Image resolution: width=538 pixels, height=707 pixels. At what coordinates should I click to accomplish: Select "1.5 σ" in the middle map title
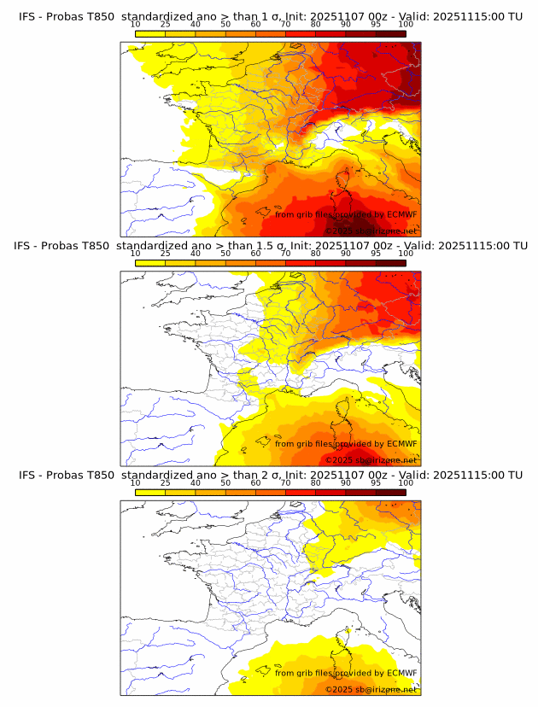point(271,245)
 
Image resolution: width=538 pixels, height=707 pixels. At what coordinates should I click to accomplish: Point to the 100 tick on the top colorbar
point(406,25)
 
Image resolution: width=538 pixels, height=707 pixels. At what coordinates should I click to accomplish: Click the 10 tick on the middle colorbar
point(135,254)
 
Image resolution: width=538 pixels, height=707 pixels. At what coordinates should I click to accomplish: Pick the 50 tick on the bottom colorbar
point(225,483)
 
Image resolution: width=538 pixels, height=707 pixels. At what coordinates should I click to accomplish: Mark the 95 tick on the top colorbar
point(376,25)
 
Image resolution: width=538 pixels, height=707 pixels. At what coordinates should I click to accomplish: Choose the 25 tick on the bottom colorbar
point(165,483)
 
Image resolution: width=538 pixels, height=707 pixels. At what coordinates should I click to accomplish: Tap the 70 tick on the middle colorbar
point(285,254)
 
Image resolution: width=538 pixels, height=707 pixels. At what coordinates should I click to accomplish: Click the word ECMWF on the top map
point(401,214)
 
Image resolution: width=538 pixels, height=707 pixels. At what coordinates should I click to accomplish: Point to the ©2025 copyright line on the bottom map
point(371,689)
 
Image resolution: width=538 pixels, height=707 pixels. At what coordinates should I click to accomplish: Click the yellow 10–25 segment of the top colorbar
point(150,33)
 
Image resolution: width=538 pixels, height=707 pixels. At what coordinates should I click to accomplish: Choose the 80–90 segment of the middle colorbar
point(330,262)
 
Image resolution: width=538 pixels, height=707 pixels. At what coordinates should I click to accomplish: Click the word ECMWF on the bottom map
point(401,673)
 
